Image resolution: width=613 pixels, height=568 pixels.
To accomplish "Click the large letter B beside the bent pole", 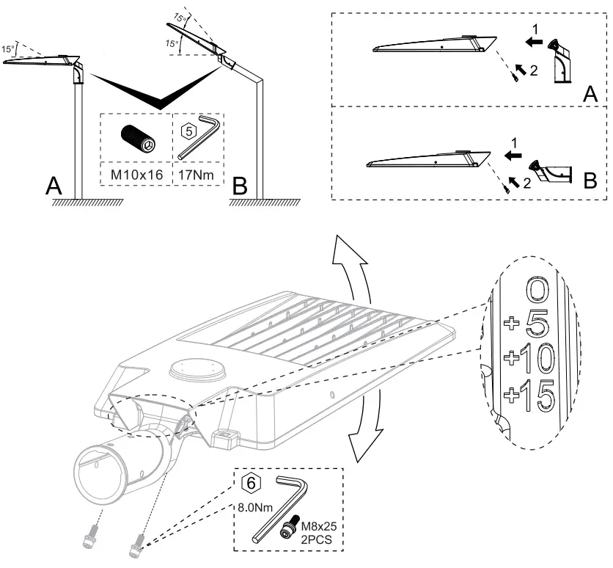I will click(238, 185).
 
